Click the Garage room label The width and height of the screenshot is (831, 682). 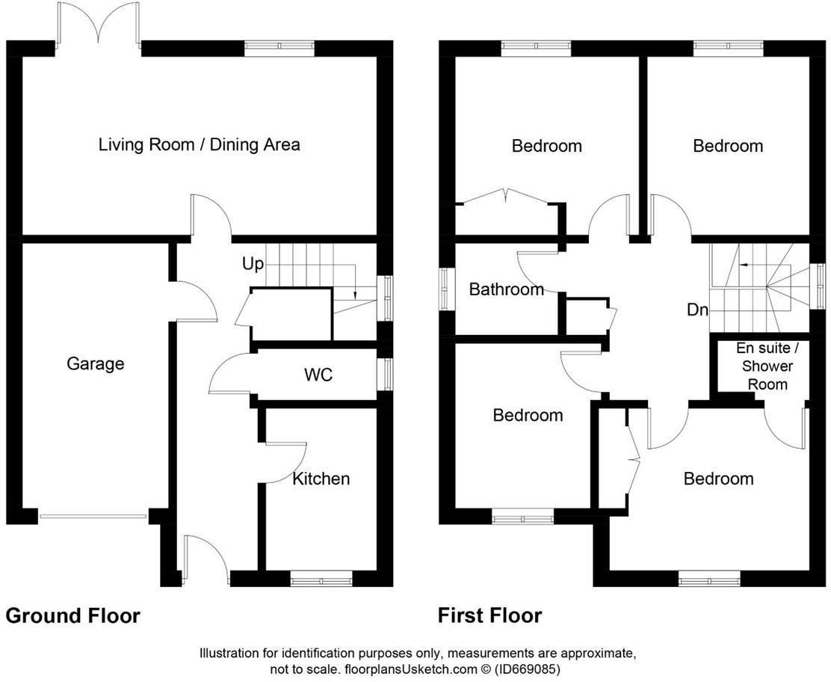tap(96, 363)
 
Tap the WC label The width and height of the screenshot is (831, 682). tap(318, 375)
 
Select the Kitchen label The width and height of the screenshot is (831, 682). tap(321, 479)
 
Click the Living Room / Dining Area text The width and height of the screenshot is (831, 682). tap(200, 145)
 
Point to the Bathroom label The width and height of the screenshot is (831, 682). tap(507, 289)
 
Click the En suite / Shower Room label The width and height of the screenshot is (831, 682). tap(767, 366)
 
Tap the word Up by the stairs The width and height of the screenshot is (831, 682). tap(253, 264)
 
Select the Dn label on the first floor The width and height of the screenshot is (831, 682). tap(697, 310)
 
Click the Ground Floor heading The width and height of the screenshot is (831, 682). tap(72, 615)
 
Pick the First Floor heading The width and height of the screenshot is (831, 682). tap(489, 615)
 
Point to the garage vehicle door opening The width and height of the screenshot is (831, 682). tap(93, 516)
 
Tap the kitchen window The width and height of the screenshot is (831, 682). tap(321, 579)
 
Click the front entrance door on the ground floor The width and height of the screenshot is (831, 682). tap(206, 559)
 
